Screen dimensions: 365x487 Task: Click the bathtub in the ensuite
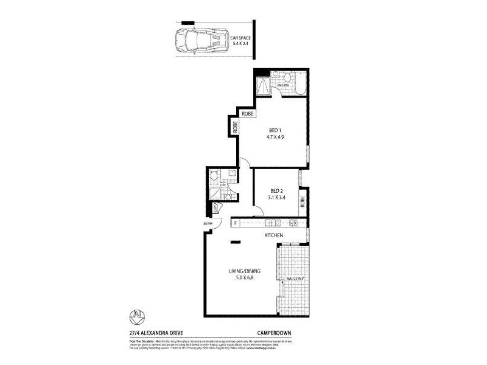[300, 82]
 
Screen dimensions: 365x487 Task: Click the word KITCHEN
[273, 235]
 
